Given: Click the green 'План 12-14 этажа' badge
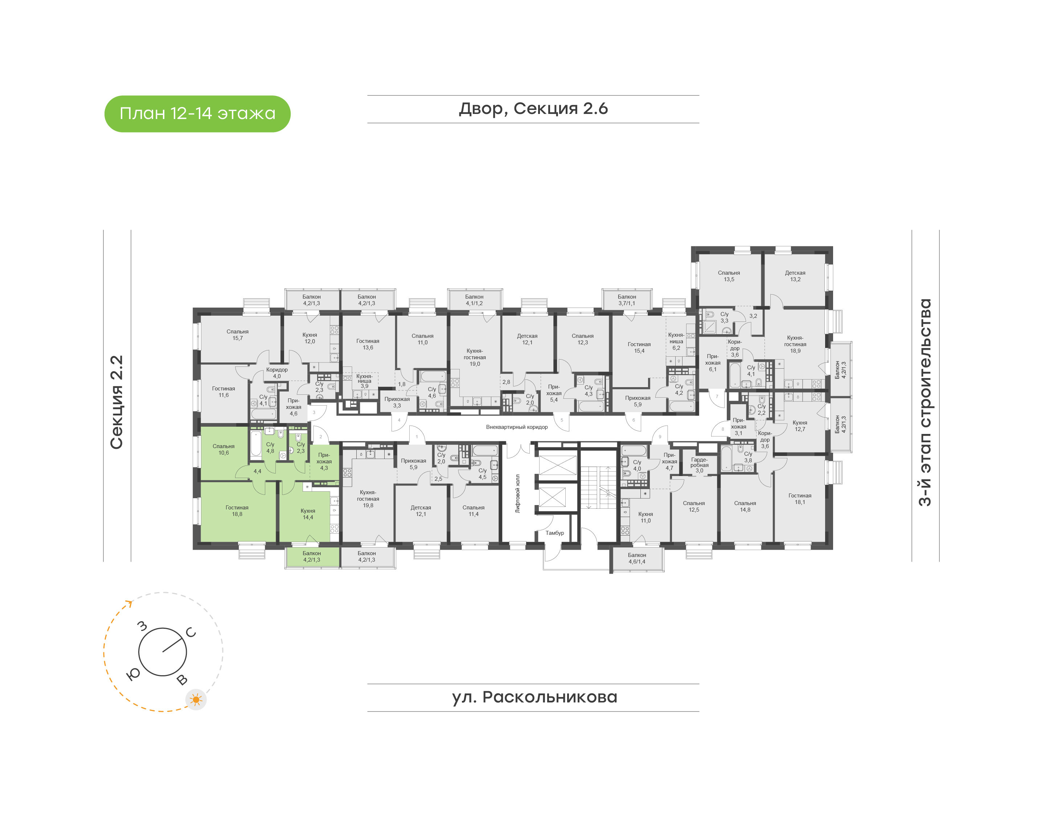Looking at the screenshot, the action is (x=197, y=114).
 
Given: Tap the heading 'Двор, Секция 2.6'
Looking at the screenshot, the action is (x=533, y=109).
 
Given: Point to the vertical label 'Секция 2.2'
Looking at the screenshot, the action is (x=116, y=402).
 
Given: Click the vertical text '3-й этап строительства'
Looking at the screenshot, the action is (x=925, y=402).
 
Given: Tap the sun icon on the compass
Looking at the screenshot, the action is (x=196, y=700).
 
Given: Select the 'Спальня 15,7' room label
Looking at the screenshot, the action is (x=238, y=335).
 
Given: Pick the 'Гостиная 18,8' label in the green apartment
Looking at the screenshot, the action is (x=237, y=511).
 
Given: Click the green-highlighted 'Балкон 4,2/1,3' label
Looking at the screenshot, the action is (x=312, y=557).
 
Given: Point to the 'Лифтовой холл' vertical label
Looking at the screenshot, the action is (x=517, y=493).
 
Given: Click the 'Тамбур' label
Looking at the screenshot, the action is (x=554, y=533).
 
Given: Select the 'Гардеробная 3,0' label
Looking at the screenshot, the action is (x=699, y=465).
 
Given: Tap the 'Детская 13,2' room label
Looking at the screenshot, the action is (x=795, y=276).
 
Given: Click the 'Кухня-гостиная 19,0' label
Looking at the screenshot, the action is (x=475, y=357).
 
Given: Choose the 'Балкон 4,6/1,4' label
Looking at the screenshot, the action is (x=637, y=558).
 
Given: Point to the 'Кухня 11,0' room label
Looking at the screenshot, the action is (x=646, y=517).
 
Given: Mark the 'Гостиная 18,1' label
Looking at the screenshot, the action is (x=800, y=499).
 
